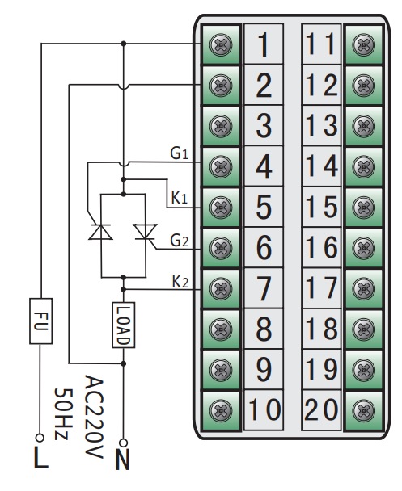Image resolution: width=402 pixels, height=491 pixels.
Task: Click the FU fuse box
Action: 40,321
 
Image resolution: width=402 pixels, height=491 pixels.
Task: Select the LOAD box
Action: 122,325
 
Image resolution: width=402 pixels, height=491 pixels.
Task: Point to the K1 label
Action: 180,198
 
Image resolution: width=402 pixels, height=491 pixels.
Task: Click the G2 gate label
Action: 179,240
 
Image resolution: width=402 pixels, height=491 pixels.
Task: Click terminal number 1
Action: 264,45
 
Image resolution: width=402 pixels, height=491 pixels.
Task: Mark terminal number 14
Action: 321,167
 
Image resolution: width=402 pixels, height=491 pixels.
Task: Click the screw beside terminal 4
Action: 219,167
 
